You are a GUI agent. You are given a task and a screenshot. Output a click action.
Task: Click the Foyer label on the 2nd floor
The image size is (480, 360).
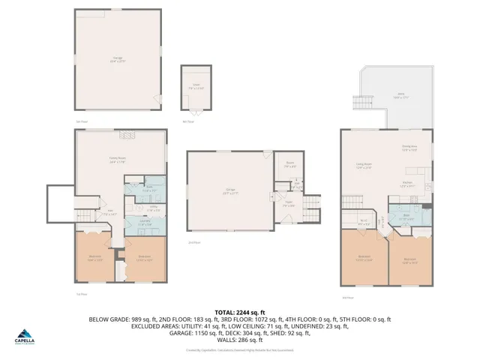click(288, 203)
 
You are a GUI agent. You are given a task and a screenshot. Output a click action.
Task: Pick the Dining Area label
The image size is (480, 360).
click(409, 148)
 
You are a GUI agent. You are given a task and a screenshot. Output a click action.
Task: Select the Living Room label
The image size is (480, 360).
click(364, 166)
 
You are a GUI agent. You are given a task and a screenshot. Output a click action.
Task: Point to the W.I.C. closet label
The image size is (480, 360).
click(363, 220)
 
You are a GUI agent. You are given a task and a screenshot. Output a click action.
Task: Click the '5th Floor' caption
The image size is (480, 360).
click(82, 121)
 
